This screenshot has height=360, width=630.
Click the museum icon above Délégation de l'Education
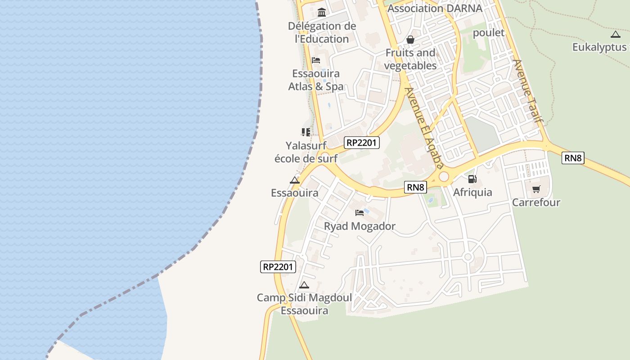coord(322,12)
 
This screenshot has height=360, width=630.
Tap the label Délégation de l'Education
coord(322,32)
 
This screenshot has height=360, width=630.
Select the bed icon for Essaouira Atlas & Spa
coord(316,60)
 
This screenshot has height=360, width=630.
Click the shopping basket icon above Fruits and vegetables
coord(410,40)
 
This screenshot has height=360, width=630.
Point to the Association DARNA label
coord(435,8)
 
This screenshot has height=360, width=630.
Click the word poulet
coord(489,33)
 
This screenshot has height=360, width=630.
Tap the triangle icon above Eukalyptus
coord(615,34)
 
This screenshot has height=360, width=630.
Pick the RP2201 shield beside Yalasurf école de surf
coord(362,143)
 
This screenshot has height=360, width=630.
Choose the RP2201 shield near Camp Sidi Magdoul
coord(278,267)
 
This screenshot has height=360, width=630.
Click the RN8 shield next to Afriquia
coord(415,187)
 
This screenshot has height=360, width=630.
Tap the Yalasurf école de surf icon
coord(306,132)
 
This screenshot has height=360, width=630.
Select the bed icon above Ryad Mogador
coord(360,212)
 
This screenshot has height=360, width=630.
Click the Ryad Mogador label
coord(360,226)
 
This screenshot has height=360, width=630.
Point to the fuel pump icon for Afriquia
coord(472,179)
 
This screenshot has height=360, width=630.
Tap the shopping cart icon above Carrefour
coord(536,189)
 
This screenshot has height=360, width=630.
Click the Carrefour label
coord(536,202)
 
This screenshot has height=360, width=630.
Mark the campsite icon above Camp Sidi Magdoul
coord(304,285)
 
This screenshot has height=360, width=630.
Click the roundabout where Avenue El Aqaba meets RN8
coord(444,177)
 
